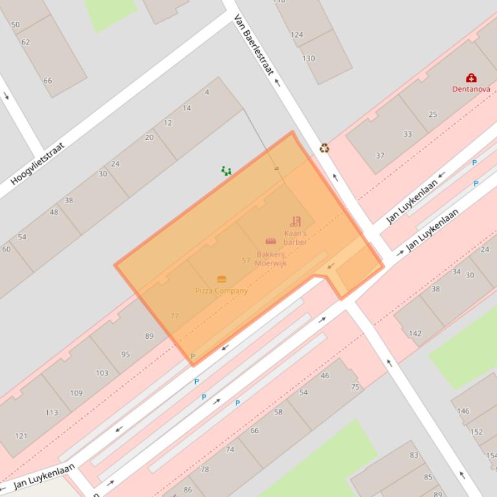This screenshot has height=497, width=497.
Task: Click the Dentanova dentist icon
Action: tap(471, 78)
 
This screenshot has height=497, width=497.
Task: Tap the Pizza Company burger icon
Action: tap(222, 279)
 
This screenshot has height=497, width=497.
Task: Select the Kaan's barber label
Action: tap(295, 238)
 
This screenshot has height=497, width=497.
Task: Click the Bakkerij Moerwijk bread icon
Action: tap(271, 241)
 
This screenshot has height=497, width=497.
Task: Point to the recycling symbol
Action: tap(324, 148)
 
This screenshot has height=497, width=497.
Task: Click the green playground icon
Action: tap(226, 170)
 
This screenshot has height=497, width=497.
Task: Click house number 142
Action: tap(415, 334)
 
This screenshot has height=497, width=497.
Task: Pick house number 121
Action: tap(21, 436)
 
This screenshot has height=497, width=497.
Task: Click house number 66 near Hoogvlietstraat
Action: tap(47, 81)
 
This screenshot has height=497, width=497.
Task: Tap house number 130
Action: tap(309, 58)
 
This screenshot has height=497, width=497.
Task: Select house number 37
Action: tap(380, 156)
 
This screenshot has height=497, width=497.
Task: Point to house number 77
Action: tap(174, 316)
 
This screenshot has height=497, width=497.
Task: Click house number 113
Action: tap(52, 412)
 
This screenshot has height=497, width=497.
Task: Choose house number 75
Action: tap(355, 387)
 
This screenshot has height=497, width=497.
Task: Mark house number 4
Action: tap(207, 92)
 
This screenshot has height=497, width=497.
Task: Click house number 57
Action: tap(246, 261)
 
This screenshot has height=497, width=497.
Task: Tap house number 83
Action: tap(414, 455)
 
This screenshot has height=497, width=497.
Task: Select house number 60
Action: tap(6, 249)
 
